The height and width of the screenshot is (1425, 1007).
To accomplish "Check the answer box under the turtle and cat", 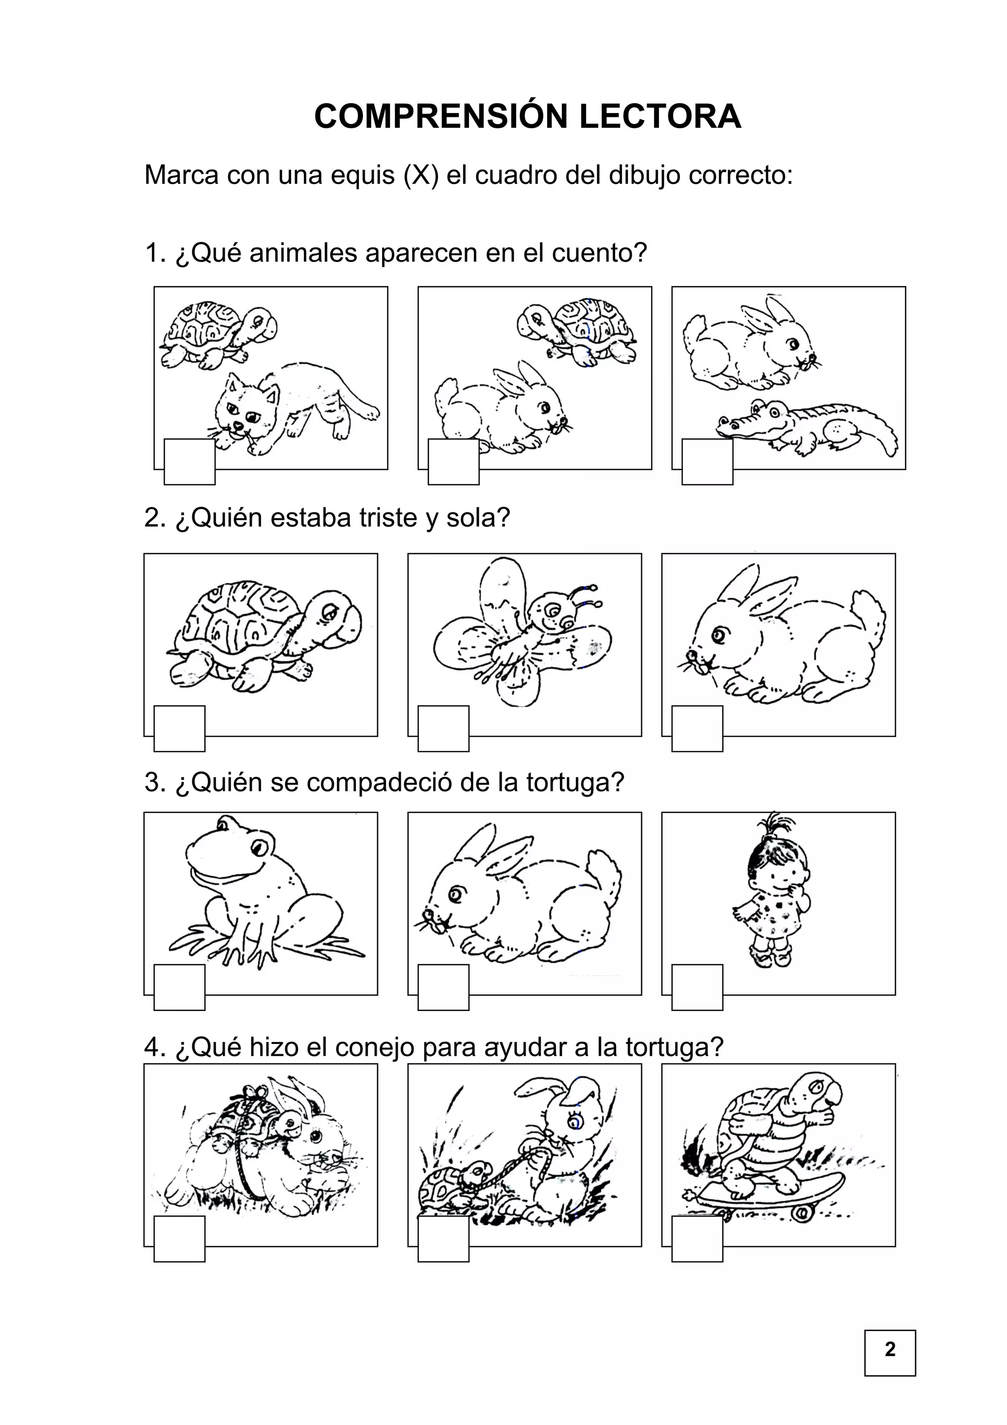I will [189, 462].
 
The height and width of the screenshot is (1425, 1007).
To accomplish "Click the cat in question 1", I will [292, 407].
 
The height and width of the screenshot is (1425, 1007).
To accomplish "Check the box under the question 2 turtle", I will [179, 729].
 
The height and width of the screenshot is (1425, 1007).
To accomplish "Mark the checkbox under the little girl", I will [697, 987].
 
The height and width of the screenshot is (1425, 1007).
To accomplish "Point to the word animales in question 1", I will [303, 253].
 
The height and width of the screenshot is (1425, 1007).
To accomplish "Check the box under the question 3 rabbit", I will [443, 987].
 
